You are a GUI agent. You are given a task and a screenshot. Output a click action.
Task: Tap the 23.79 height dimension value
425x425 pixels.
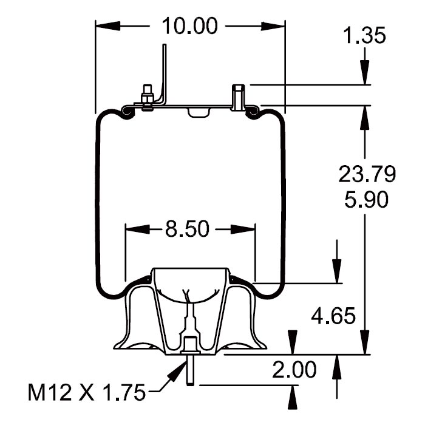[x=367, y=175]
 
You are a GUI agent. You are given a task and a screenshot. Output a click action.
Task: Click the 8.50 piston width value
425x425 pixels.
[x=188, y=229]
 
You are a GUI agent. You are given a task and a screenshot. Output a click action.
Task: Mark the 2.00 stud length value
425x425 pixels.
[x=294, y=369]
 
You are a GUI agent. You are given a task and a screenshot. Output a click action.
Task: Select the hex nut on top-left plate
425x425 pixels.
[x=146, y=97]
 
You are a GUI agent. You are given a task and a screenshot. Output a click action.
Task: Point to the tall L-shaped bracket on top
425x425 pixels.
[x=163, y=73]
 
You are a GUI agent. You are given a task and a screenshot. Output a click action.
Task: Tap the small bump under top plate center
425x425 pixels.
[x=197, y=113]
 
